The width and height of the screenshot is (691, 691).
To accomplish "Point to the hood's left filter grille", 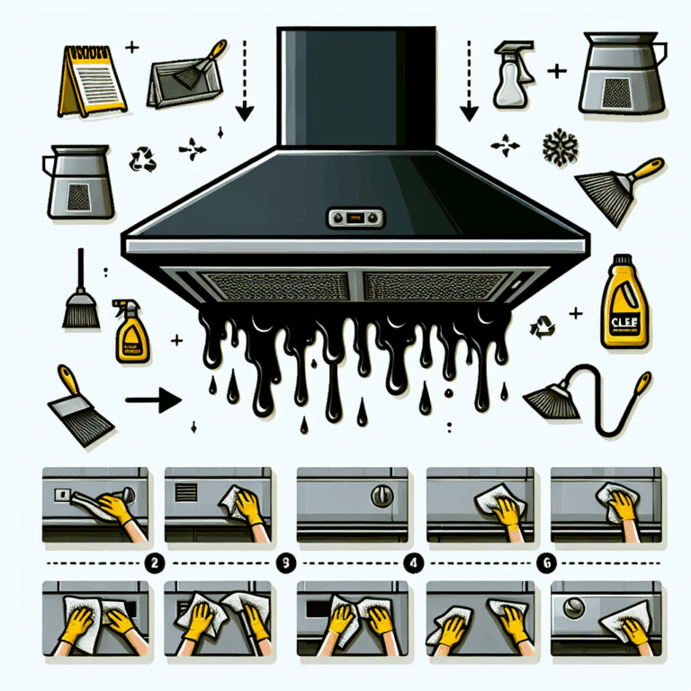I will point(275,287).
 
